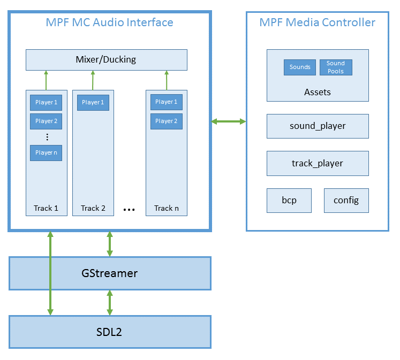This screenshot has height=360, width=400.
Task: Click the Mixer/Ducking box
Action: (106, 59)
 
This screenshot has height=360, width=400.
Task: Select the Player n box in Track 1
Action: (46, 152)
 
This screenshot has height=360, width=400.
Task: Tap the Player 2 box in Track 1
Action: (46, 121)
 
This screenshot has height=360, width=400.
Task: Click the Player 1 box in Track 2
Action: (93, 102)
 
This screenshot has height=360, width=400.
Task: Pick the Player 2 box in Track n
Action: (167, 121)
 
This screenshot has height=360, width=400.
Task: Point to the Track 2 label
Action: (93, 208)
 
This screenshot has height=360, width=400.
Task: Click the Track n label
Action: (167, 208)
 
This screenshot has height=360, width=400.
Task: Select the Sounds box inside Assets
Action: (300, 67)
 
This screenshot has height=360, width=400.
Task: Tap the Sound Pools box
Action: (336, 67)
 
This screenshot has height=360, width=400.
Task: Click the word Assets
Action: (318, 92)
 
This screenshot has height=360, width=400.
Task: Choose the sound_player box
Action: (318, 126)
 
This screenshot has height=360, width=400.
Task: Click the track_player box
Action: (318, 163)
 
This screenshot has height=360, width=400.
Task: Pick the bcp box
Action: (289, 201)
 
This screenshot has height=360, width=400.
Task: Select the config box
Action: (346, 201)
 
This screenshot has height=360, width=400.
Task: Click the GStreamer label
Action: (109, 273)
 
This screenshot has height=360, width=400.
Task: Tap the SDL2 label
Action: (109, 332)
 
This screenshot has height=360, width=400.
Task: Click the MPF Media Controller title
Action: (317, 22)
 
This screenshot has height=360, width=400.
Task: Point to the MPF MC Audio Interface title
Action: (109, 22)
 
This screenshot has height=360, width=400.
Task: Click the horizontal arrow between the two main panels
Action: (229, 122)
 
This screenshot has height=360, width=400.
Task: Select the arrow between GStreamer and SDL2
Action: (110, 303)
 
